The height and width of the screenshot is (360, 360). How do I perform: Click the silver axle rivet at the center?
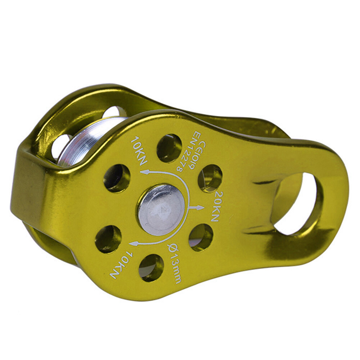[x=161, y=210]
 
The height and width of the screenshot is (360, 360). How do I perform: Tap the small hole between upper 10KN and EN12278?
[x=169, y=147]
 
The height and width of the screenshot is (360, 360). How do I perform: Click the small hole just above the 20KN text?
[x=210, y=178]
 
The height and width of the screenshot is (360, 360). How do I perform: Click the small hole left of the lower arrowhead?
[x=108, y=239]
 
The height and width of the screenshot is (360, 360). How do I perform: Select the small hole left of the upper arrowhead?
[x=117, y=178]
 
